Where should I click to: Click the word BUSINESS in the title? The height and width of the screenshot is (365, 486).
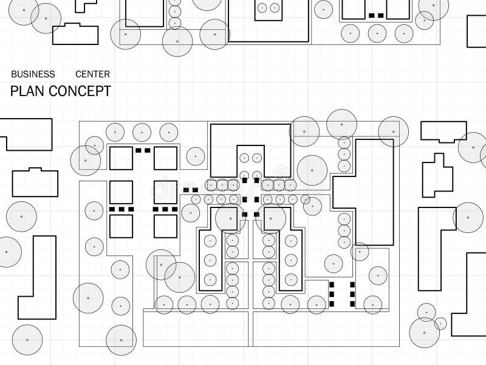point(33,74)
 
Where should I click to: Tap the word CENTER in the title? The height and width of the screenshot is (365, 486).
point(92,74)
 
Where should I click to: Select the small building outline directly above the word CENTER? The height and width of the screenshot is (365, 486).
point(75,34)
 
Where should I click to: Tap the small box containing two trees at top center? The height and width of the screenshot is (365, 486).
point(268,9)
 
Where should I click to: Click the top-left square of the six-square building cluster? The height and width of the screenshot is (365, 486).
point(121,158)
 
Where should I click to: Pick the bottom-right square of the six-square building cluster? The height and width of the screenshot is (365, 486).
point(165,226)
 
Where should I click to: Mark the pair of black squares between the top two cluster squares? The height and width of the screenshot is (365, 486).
point(143,150)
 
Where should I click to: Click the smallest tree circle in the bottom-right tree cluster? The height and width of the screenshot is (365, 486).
point(440,324)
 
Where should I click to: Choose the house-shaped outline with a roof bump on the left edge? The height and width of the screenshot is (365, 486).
point(35,182)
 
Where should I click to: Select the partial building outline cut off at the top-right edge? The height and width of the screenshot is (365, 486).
point(476,30)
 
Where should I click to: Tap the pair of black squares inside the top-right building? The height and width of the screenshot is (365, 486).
point(376,15)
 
